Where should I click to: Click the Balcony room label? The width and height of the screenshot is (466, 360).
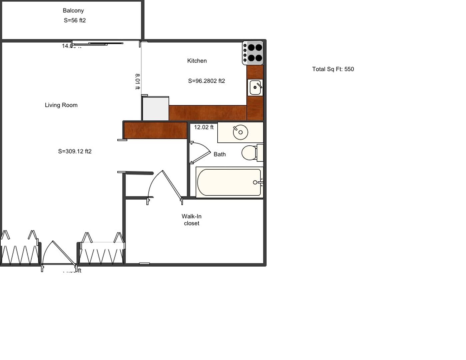point(73,11)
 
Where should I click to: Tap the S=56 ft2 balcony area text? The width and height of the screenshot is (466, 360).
point(75,20)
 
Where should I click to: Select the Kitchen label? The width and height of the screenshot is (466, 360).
point(197,61)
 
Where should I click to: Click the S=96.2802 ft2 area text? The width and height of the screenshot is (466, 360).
point(206,81)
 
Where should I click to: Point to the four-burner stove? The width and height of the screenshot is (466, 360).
point(253,53)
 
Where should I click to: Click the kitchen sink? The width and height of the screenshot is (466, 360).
point(255,88)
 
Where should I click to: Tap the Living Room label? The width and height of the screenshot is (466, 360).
point(61,105)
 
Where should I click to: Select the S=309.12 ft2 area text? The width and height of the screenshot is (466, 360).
point(75,151)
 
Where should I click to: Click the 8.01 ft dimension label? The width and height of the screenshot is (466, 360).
point(137,82)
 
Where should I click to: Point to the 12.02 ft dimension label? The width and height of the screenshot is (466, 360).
point(204,127)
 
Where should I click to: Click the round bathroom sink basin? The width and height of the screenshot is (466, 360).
point(240,132)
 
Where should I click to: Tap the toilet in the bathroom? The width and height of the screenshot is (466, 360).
point(250,153)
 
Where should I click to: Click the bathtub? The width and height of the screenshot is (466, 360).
point(229,182)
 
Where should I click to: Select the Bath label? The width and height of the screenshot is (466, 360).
point(220,154)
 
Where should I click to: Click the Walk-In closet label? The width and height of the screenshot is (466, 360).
point(192,220)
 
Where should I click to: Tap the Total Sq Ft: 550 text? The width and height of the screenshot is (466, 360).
point(333,69)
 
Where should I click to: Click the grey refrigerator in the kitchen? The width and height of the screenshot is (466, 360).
point(156,109)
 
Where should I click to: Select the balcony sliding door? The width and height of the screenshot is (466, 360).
point(98,43)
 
